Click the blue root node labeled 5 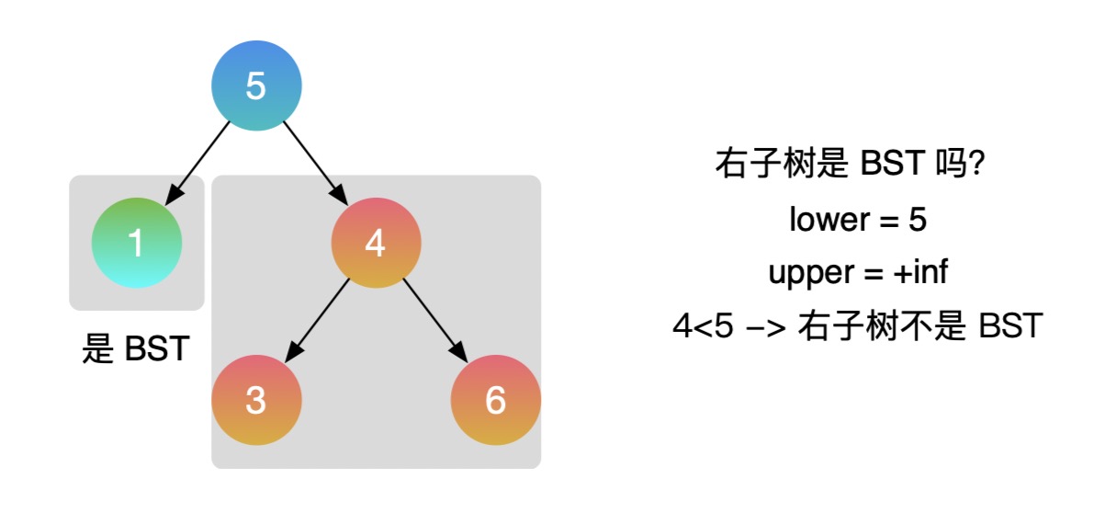point(256,86)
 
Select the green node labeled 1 point(137,243)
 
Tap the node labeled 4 point(376,243)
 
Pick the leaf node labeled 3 point(256,401)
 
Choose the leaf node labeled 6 point(495,401)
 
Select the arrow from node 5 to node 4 point(315,164)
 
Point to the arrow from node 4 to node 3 point(318,320)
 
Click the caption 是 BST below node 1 point(136,349)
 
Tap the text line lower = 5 point(858,220)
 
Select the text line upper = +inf point(858,273)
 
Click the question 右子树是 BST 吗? point(851,166)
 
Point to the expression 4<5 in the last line point(703,326)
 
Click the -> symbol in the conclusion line point(765,326)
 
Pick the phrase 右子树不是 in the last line point(883,326)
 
